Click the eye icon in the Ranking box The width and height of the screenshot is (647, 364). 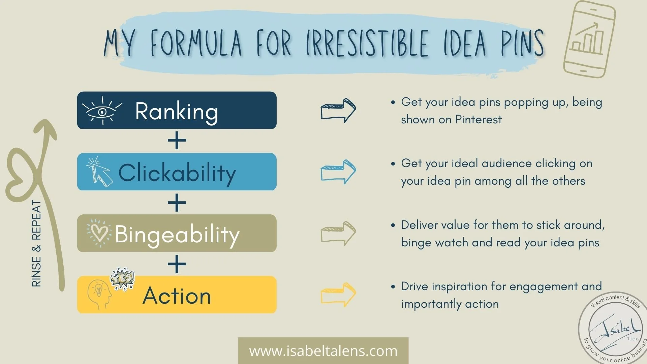coord(102,111)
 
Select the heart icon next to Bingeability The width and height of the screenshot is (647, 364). coord(99,233)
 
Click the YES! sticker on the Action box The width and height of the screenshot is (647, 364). coord(123,278)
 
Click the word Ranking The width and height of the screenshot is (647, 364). coord(177,111)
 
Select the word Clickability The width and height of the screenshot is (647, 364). coord(177,173)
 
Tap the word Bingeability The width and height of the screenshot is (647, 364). coord(177,234)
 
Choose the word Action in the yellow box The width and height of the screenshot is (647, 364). coord(177,296)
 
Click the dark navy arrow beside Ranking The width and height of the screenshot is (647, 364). coord(338,110)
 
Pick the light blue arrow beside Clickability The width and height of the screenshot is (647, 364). coord(338,172)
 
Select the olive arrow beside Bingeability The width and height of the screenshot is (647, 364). coord(338,233)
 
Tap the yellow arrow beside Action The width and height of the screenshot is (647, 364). coord(338,295)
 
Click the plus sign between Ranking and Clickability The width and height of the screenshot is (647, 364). coord(177,141)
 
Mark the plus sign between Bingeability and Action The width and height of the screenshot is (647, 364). coord(177,264)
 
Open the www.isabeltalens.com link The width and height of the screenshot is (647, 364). coord(323,351)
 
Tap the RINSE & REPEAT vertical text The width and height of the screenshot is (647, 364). coord(36,243)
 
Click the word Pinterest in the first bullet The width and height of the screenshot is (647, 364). coord(478,120)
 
